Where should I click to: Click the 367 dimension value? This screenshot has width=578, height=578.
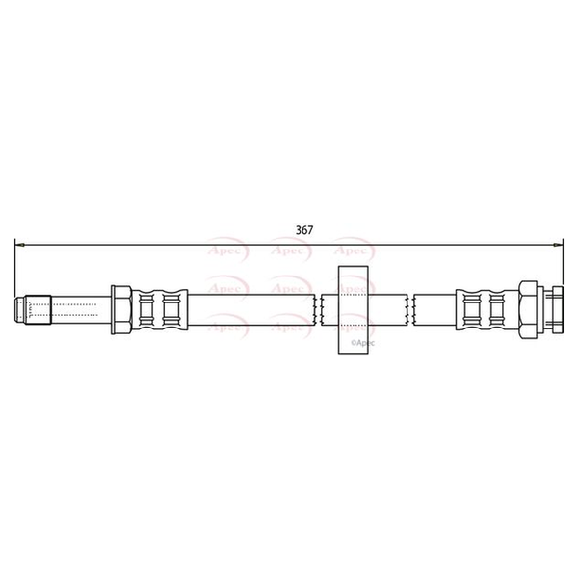pos(304,230)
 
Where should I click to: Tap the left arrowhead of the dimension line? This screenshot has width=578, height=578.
pos(20,245)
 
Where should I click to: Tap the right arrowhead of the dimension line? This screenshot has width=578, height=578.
pos(558,245)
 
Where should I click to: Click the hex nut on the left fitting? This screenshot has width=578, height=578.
pos(121,309)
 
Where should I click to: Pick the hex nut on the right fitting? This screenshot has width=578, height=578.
pos(528,309)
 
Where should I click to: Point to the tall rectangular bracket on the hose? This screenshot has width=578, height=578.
pos(354,309)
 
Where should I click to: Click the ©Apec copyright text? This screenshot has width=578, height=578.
pos(362,343)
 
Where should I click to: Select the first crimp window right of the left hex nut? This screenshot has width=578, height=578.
pos(146,309)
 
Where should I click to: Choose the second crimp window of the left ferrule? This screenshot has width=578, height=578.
pos(170,309)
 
